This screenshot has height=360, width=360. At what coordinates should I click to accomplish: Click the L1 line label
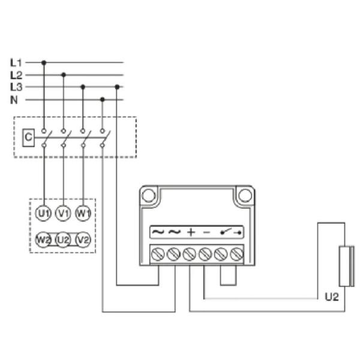[16, 62]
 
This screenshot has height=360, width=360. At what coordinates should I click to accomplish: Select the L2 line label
[16, 75]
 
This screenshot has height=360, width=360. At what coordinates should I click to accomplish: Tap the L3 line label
[16, 88]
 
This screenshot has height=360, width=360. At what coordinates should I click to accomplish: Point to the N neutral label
[14, 100]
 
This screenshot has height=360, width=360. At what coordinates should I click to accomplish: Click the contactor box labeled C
[27, 137]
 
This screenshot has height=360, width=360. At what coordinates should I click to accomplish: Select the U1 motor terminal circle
[43, 212]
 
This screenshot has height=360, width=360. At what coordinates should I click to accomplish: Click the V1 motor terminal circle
[63, 212]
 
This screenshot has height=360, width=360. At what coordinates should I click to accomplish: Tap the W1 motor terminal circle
[83, 212]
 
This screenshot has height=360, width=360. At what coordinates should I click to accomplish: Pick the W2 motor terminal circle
[43, 239]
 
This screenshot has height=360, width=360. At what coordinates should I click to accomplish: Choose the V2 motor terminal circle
[83, 239]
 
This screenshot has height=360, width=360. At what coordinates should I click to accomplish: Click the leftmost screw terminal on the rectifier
[158, 254]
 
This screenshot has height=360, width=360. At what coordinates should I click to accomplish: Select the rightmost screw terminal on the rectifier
[236, 254]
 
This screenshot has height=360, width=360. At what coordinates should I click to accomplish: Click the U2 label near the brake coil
[331, 296]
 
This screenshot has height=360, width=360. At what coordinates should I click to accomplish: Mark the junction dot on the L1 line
[44, 62]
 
